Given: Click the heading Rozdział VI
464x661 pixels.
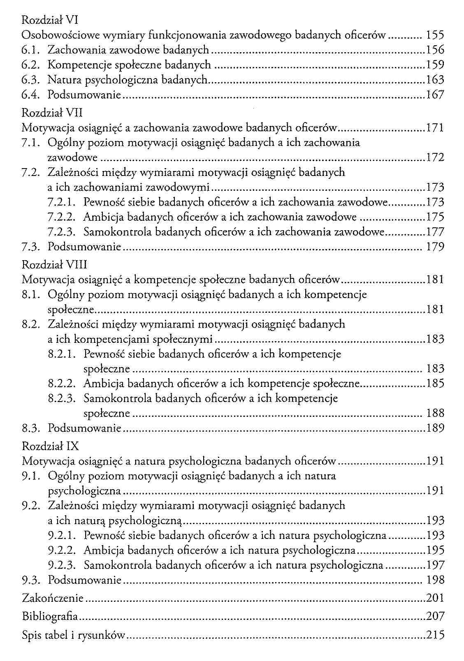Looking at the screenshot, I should (50, 20).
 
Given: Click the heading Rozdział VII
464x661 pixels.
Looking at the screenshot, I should (52, 113).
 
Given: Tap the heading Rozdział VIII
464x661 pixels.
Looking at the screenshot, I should (54, 265).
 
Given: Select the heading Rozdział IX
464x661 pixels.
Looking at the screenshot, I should (50, 446).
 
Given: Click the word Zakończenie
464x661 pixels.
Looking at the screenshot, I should (53, 598).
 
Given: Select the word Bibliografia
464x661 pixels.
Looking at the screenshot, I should (50, 616).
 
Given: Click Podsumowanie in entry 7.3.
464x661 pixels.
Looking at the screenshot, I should (84, 247).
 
